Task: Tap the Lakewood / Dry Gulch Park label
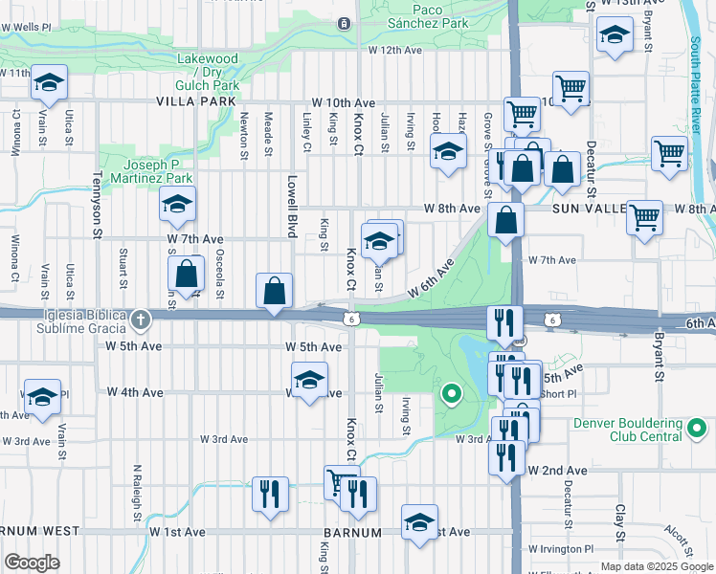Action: [x=207, y=72]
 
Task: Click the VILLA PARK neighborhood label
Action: [x=190, y=101]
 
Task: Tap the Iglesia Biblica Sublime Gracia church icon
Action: [x=141, y=318]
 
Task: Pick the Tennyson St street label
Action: [x=97, y=203]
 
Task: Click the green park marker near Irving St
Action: [x=451, y=392]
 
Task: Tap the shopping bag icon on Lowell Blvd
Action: [x=275, y=291]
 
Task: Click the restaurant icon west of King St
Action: [x=270, y=495]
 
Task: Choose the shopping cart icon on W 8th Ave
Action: [x=645, y=215]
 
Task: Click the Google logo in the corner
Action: [x=33, y=563]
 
